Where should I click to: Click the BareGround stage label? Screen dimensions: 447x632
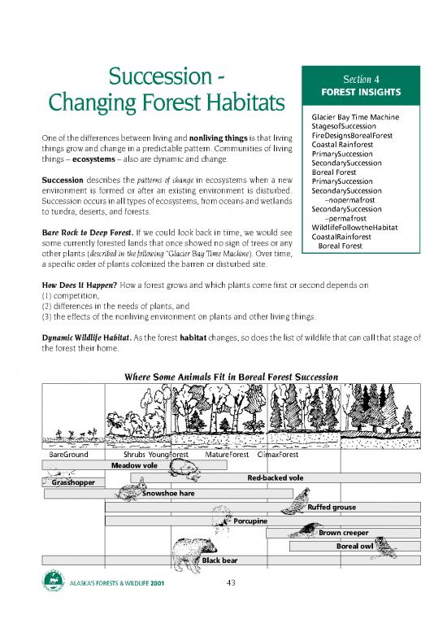[x=69, y=455]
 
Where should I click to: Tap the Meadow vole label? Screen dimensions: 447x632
[x=134, y=465]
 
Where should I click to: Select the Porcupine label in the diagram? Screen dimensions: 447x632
[x=251, y=521]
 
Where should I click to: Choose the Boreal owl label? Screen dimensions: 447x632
[x=354, y=546]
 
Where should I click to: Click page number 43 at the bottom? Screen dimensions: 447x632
[x=231, y=582]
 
